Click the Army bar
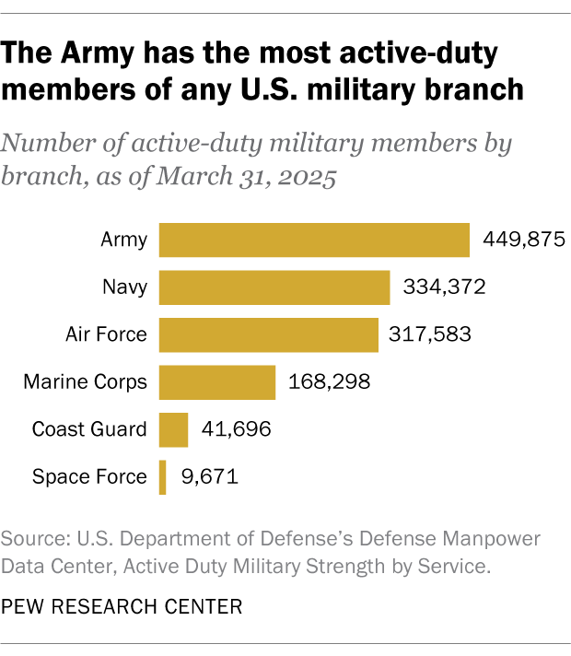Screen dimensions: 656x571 click(x=314, y=240)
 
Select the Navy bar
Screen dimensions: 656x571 click(x=274, y=287)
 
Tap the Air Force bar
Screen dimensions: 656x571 click(x=269, y=334)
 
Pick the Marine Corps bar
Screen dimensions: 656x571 click(x=217, y=381)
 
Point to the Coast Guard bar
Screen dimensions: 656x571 click(x=174, y=429)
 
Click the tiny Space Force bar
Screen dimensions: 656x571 click(x=163, y=477)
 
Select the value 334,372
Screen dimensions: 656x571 click(x=444, y=287)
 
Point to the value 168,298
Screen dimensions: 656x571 click(x=330, y=381)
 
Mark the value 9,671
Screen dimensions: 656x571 click(x=208, y=477)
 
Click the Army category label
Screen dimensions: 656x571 click(x=123, y=240)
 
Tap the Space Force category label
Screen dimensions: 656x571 click(x=89, y=477)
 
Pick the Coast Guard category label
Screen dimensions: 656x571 click(x=89, y=429)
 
